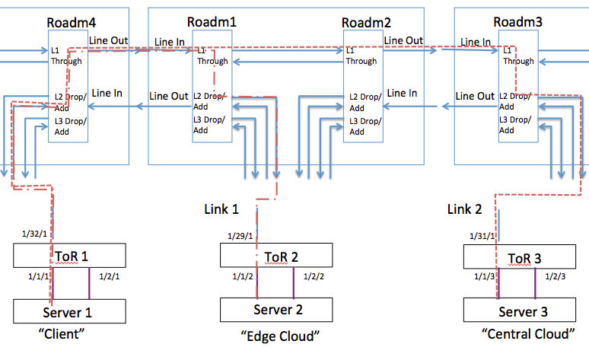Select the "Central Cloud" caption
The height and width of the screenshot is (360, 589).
(525, 334)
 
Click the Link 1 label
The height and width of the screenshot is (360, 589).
(221, 209)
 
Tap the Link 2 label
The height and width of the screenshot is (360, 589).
(465, 209)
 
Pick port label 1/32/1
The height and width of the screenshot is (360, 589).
(35, 234)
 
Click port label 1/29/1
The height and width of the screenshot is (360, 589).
(240, 236)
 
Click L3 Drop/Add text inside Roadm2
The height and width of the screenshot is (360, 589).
(364, 125)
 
